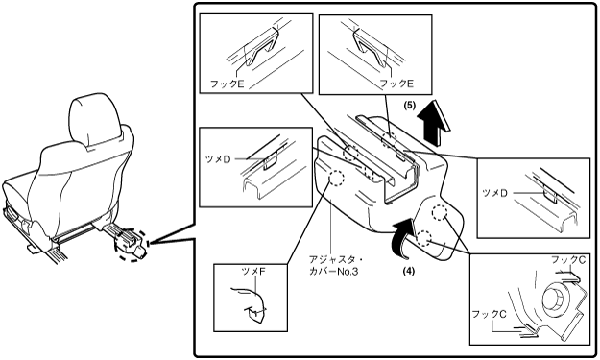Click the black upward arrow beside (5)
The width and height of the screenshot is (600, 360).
[x=434, y=123]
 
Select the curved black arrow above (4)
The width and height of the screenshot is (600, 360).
[x=401, y=237]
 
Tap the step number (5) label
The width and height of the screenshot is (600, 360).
[x=409, y=106]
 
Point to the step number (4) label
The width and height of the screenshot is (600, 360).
[x=408, y=271]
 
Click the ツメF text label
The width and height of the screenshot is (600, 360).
[x=252, y=272]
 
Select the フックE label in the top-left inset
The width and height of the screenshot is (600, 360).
[x=227, y=84]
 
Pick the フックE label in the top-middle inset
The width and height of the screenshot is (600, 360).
[x=396, y=84]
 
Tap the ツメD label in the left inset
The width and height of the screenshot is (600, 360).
[x=218, y=159]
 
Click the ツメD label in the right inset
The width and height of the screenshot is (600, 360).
[x=494, y=193]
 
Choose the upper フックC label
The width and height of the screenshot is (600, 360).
[x=568, y=260]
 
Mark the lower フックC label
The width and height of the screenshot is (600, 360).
[x=489, y=314]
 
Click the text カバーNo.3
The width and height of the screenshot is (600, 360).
[x=334, y=272]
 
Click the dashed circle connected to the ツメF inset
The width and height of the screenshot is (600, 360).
[x=337, y=178]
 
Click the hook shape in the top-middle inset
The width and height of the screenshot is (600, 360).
[x=371, y=48]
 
